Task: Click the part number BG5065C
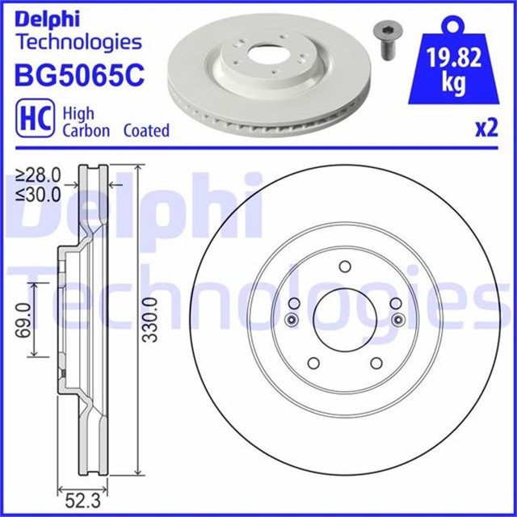(x=79, y=75)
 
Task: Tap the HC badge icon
(x=36, y=118)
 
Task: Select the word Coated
(x=146, y=131)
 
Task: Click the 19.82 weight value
(x=454, y=57)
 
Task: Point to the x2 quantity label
(x=486, y=128)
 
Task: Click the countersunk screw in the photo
(x=388, y=41)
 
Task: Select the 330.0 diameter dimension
(x=151, y=320)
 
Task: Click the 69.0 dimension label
(x=23, y=321)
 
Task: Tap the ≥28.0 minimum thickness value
(x=39, y=175)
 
